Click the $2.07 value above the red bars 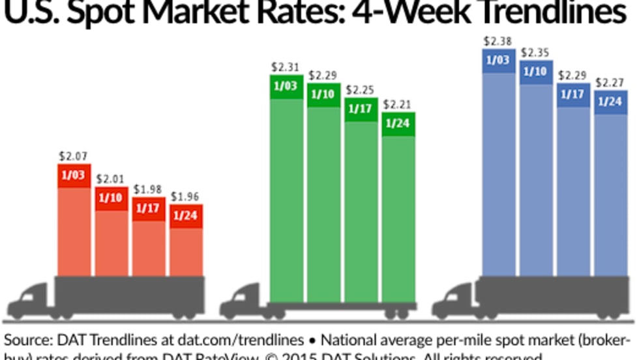coord(73,157)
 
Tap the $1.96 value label coord(185,196)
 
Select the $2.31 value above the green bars coord(286,67)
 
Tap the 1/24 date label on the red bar coord(186,217)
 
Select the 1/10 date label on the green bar coord(323,95)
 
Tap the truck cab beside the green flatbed coord(242,302)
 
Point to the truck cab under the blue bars coord(454,302)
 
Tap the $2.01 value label coord(111,178)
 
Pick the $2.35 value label coord(535,52)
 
